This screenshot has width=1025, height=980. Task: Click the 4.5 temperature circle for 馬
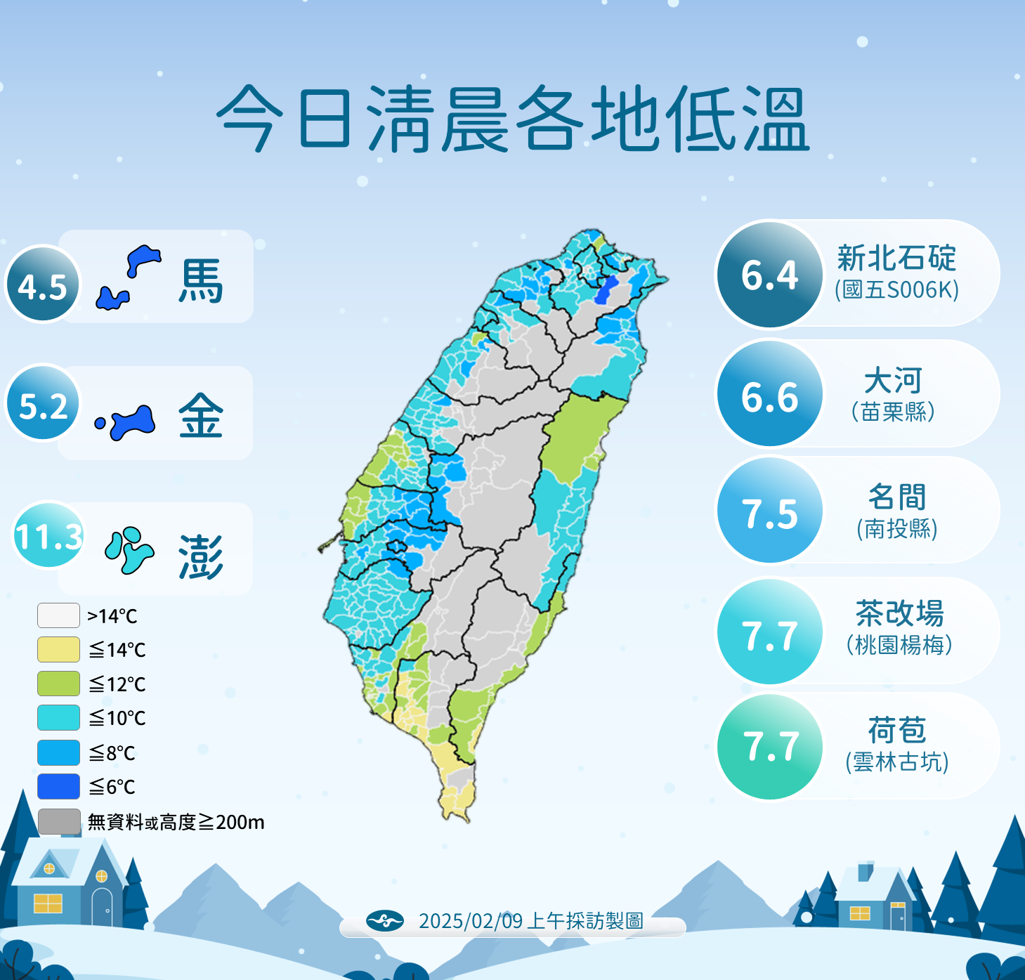(x=43, y=285)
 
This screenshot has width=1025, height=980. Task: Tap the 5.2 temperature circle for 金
(x=44, y=403)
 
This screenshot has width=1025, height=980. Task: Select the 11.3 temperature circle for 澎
(x=48, y=535)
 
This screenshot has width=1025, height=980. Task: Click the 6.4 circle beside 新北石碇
(x=770, y=275)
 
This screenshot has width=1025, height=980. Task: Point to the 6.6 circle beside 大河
(x=770, y=395)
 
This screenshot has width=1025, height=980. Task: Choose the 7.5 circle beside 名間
(x=770, y=511)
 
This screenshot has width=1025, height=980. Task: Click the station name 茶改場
(x=899, y=613)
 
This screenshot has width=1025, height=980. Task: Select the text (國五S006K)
(x=896, y=289)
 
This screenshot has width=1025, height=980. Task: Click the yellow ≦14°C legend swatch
(x=58, y=650)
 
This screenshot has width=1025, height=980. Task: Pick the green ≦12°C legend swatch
(x=58, y=684)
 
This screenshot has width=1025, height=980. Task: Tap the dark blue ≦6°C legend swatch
(x=58, y=786)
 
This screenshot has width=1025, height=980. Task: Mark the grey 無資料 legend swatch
(x=58, y=821)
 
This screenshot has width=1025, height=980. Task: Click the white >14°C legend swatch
(x=58, y=615)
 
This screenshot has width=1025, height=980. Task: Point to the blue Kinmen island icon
(x=131, y=422)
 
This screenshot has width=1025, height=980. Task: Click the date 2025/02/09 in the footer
(x=470, y=921)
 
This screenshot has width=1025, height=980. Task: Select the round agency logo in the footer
(x=384, y=920)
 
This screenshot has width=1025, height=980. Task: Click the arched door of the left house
(x=102, y=907)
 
